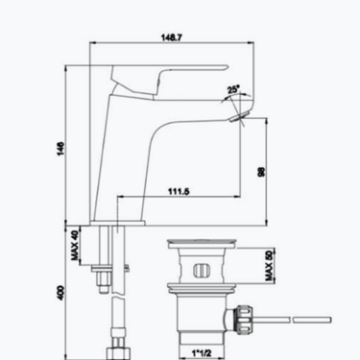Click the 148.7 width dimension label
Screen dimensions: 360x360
[172, 37]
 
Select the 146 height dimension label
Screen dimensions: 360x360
[60, 149]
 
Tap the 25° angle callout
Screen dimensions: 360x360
[233, 89]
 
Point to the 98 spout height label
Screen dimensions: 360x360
[261, 172]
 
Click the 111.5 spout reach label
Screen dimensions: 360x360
[179, 191]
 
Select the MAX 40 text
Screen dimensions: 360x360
[75, 245]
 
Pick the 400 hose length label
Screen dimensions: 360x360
[60, 293]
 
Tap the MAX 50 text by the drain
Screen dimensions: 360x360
[270, 266]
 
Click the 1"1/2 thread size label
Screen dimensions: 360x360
[202, 353]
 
